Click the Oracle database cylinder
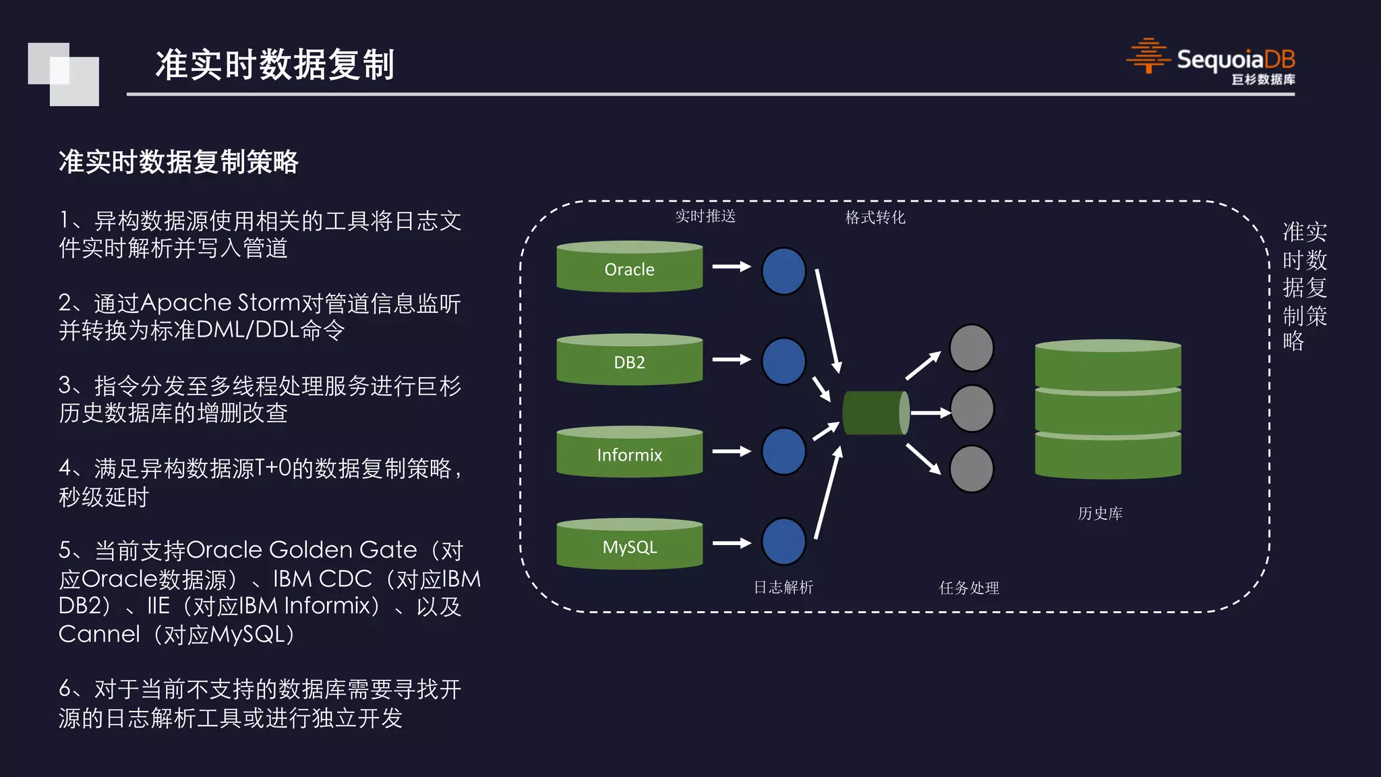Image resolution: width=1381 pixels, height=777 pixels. [x=629, y=268]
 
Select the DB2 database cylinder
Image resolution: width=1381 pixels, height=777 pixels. [x=629, y=361]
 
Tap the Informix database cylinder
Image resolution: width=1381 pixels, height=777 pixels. [x=629, y=453]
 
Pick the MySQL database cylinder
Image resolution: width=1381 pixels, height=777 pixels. [x=629, y=545]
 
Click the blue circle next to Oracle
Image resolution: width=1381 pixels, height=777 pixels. [x=784, y=271]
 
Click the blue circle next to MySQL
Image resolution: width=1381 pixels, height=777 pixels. [x=784, y=541]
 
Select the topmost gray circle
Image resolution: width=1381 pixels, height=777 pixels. [x=971, y=348]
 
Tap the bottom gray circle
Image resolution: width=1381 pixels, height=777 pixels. [x=971, y=469]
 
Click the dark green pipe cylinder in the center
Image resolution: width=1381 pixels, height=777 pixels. [x=875, y=413]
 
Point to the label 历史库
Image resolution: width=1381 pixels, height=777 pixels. [x=1100, y=513]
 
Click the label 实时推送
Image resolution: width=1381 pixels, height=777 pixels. [x=705, y=217]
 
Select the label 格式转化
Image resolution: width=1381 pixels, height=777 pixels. [x=875, y=217]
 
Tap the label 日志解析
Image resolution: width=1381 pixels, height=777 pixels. [x=783, y=587]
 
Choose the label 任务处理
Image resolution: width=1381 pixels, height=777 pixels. [x=969, y=588]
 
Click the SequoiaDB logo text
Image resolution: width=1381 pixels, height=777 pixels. [x=1235, y=60]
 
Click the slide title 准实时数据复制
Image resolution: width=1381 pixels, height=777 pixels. [x=274, y=65]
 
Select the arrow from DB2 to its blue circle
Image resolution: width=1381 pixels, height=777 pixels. [x=732, y=359]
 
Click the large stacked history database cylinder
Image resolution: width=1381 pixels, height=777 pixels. [x=1108, y=409]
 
